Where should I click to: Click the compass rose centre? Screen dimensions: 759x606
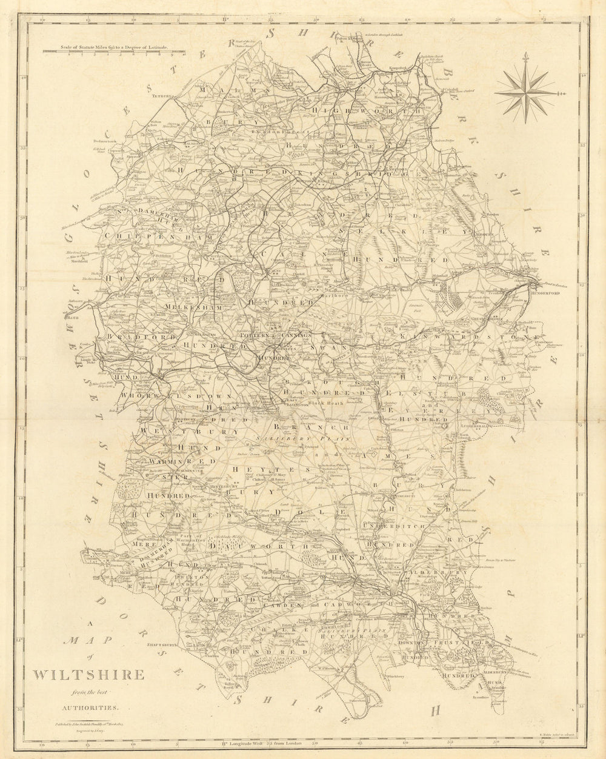click(525, 93)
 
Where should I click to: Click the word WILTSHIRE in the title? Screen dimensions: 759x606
click(88, 675)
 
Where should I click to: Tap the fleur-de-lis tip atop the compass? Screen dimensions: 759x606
click(525, 56)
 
